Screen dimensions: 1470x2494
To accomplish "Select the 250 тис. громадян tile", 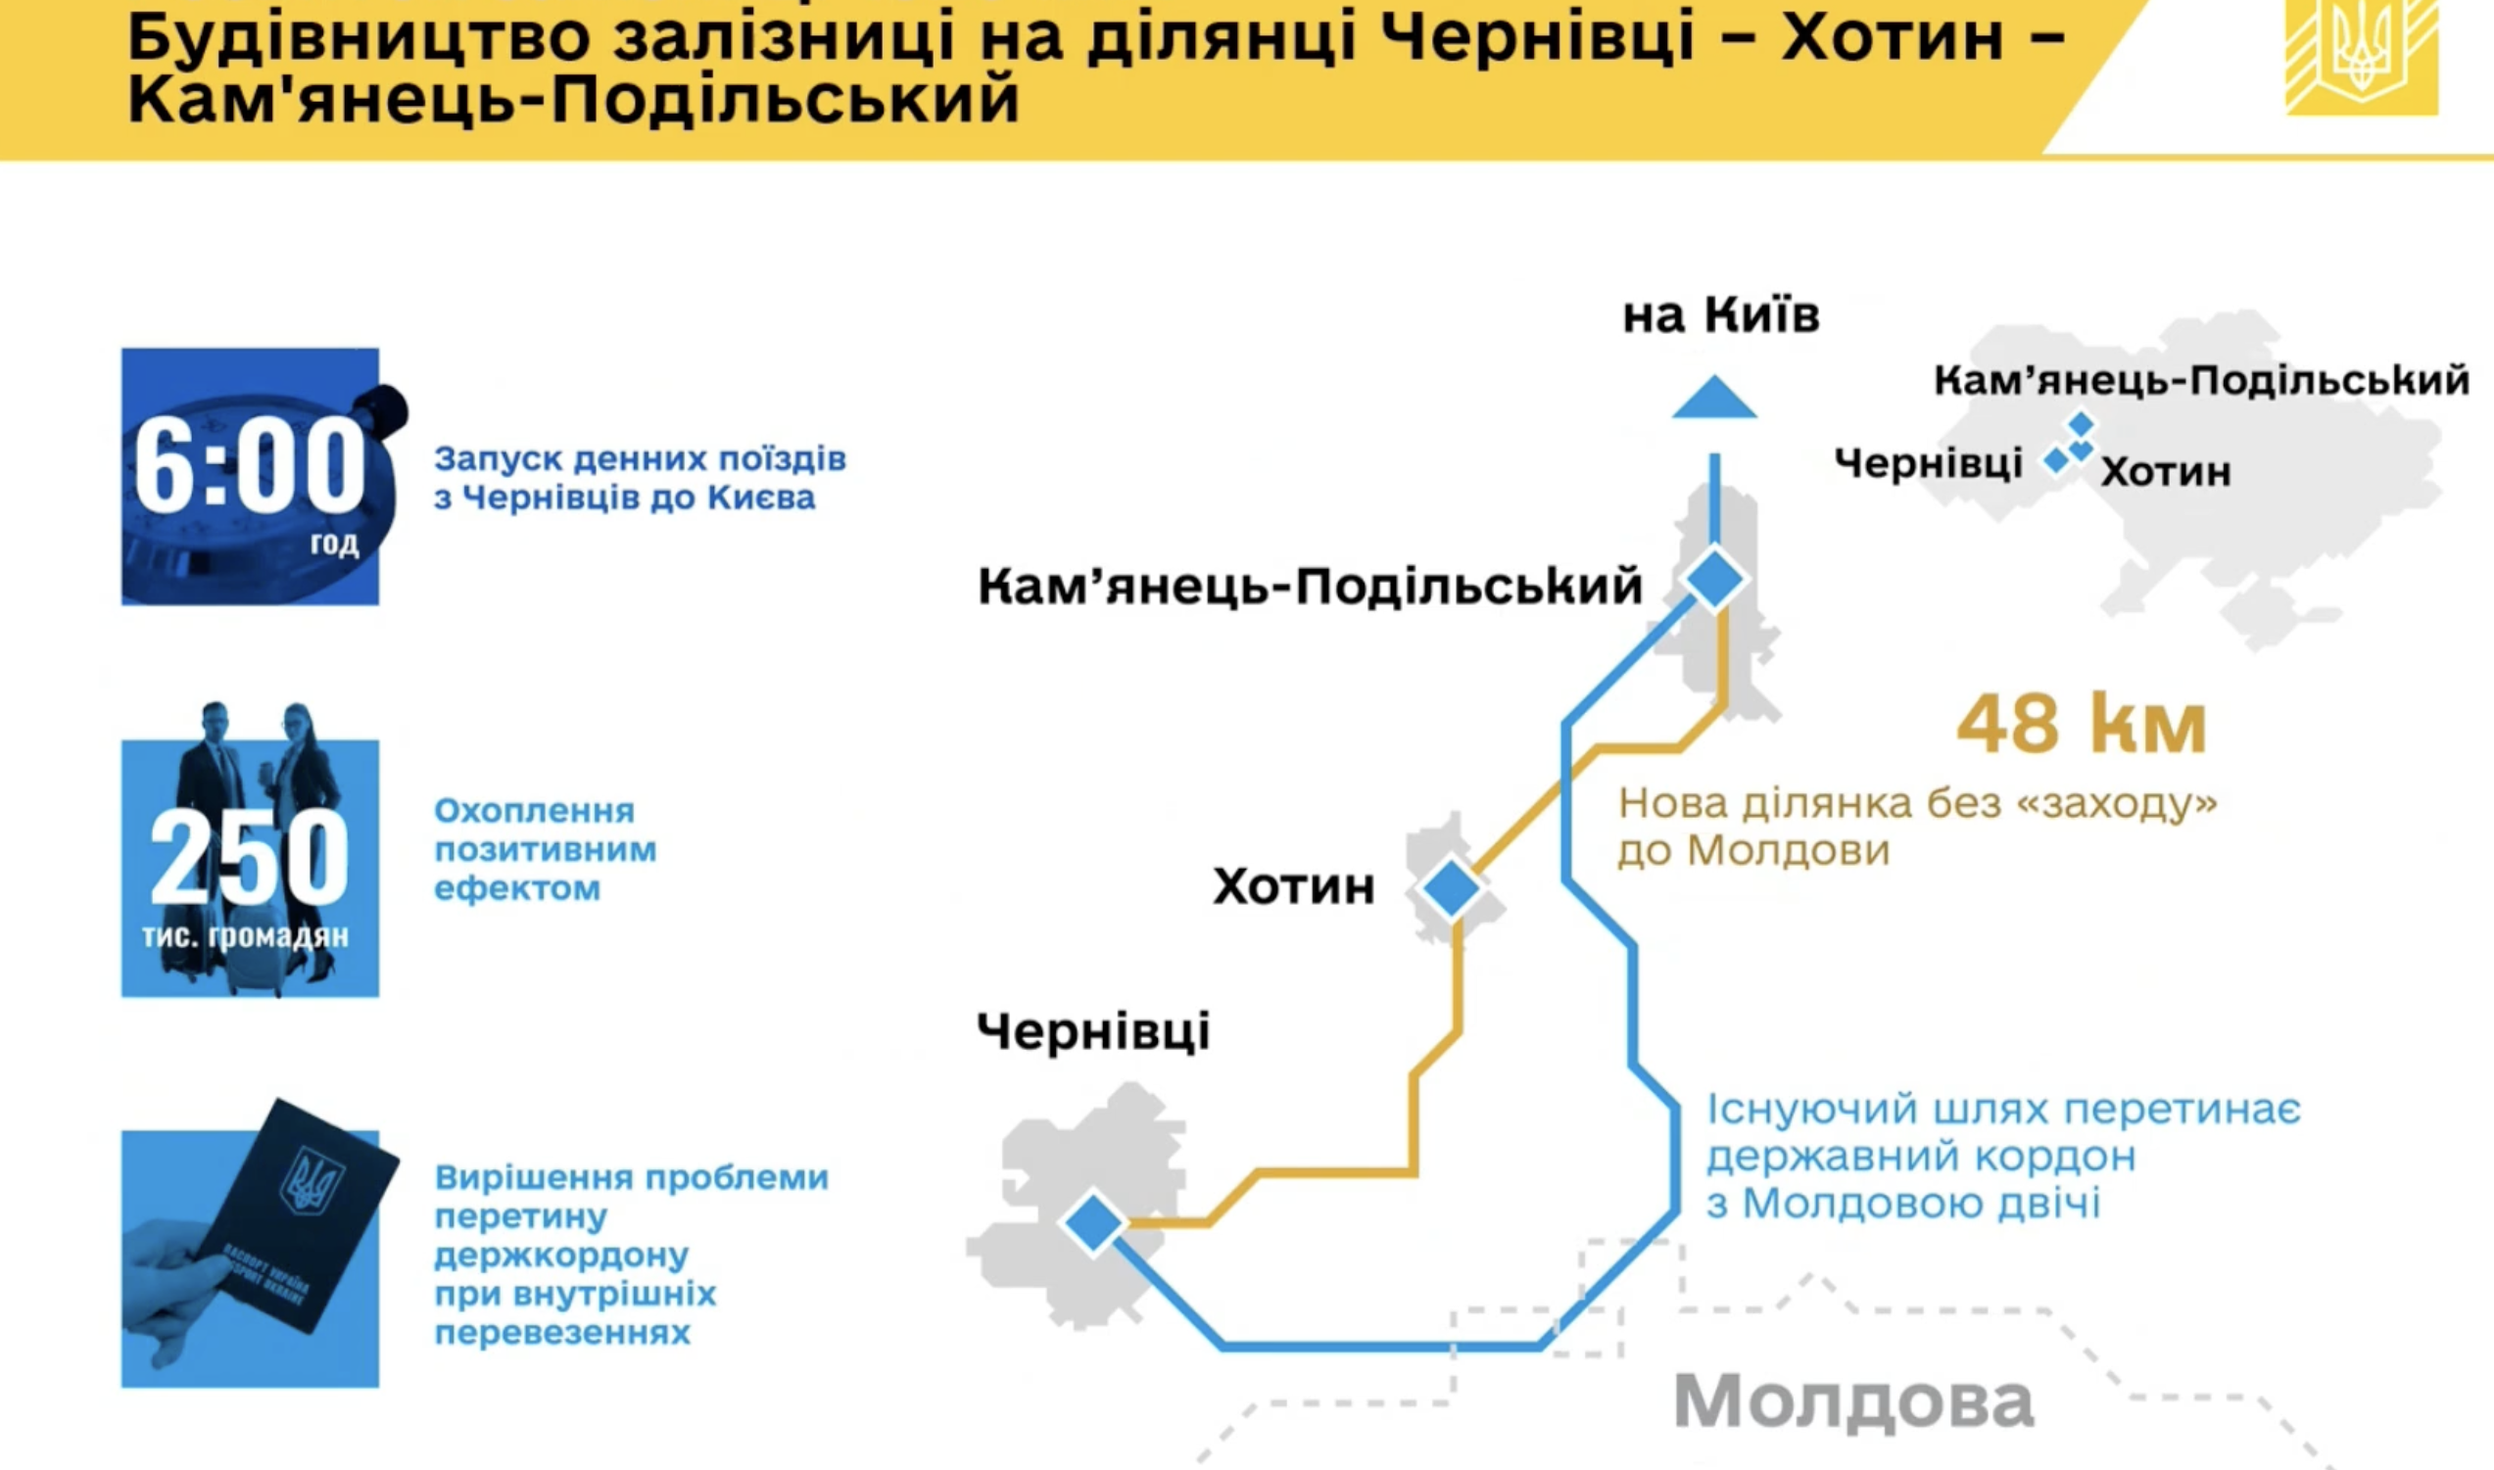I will (250, 868).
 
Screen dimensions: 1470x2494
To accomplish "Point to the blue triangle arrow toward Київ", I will (1714, 399).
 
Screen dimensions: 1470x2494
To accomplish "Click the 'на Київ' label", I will (1720, 316).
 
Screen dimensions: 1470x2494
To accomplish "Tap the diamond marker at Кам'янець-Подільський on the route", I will (1714, 579).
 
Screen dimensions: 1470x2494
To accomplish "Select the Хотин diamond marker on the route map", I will (1452, 888).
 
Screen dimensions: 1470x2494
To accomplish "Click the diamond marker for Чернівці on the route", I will (1093, 1222).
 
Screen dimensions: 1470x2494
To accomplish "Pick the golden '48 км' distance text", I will (2081, 725).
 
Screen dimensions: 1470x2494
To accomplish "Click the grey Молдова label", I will (1853, 1400).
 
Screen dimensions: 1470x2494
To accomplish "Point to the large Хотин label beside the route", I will (1294, 886).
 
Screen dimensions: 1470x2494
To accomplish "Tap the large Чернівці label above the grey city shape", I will (1092, 1032).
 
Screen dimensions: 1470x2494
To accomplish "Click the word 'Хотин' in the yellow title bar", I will (1893, 37).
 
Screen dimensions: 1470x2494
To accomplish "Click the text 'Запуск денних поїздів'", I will (640, 459).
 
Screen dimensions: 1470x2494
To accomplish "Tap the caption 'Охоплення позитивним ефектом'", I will (545, 849).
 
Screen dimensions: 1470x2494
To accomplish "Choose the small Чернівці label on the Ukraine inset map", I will (1928, 463).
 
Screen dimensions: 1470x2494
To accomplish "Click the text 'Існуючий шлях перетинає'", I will (2002, 1110).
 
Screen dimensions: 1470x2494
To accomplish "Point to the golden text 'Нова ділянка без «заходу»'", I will (1918, 802).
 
